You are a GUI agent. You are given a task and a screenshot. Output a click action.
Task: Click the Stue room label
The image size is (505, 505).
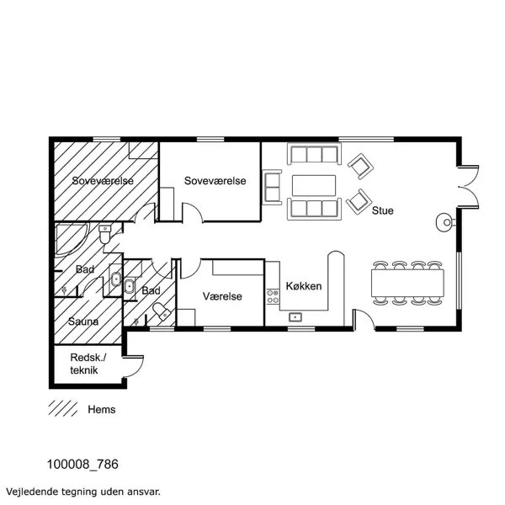point(383,210)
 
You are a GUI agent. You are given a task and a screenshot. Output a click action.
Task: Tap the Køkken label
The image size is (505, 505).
point(304,286)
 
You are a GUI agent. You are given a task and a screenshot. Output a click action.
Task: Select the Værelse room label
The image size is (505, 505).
point(223,297)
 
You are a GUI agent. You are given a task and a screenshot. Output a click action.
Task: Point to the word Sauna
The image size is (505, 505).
point(83,322)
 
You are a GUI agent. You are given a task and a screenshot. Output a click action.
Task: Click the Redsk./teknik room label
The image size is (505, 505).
point(87,363)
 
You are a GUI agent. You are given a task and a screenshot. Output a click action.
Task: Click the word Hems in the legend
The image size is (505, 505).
point(101,410)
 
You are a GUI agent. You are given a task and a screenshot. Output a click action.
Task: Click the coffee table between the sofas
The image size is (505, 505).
point(314,184)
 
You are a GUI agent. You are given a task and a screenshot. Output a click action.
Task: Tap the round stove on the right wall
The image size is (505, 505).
point(444,222)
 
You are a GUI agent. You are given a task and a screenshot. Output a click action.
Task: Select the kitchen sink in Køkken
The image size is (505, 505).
point(295,317)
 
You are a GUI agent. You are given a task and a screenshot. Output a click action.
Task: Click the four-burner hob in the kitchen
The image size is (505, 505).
point(273,295)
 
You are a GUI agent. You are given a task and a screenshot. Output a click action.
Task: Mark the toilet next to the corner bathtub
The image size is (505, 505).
point(104,235)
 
